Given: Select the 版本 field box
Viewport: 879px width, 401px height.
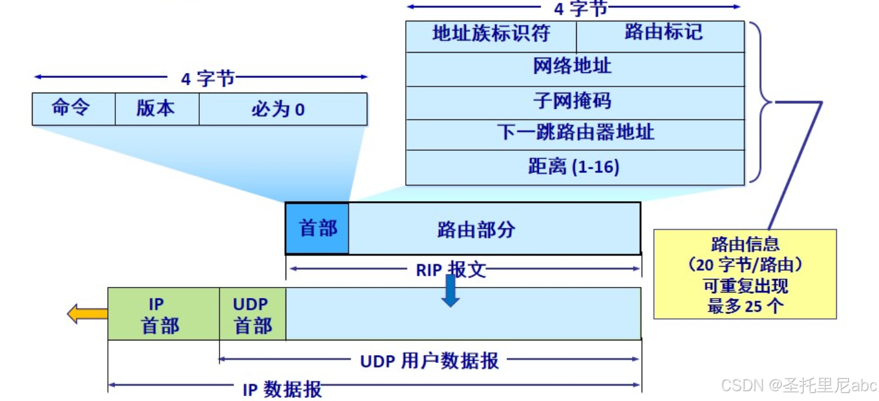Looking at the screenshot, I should (157, 109).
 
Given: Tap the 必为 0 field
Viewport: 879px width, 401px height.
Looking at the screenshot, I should (283, 109).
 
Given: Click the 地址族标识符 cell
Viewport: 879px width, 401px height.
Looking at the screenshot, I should (490, 34).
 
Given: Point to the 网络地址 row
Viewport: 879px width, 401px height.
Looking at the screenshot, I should (574, 68).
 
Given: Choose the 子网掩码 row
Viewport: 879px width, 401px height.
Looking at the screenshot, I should (574, 101).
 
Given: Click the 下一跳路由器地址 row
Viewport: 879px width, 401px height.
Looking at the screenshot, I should (574, 134).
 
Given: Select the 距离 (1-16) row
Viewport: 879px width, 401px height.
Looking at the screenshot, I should (574, 167).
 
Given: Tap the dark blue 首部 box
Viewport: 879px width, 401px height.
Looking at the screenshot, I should (318, 229).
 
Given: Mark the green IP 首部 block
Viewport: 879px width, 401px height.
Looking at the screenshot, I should (163, 314).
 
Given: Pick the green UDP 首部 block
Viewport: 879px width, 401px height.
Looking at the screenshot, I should (252, 314).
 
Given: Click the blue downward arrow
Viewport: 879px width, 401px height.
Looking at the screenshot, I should (451, 291).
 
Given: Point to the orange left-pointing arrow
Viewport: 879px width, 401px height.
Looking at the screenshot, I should (86, 315).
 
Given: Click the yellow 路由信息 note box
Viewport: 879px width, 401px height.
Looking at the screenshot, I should (745, 274).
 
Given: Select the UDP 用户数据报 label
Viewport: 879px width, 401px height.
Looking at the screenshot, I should (429, 361).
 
